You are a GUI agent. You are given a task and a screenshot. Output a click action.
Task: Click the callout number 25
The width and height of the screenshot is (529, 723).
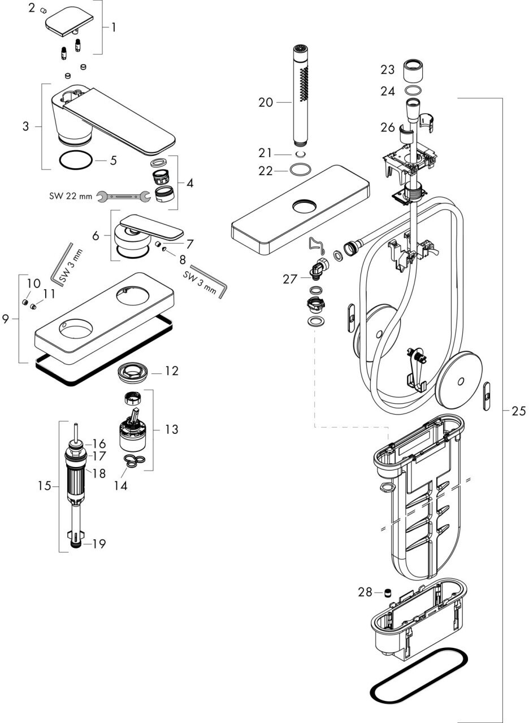[518, 411]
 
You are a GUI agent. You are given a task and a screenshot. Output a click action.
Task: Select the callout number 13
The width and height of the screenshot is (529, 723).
[171, 430]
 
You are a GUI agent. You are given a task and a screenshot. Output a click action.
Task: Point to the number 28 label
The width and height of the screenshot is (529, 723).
[365, 592]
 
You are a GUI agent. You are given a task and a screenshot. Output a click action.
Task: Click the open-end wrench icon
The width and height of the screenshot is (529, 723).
[123, 196]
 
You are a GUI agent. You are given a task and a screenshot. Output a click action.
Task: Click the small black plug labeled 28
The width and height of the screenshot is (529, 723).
[388, 593]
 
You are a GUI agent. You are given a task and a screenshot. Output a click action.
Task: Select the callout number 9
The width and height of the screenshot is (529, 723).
[6, 319]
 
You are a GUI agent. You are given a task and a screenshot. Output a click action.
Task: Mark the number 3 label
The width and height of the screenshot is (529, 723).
[26, 125]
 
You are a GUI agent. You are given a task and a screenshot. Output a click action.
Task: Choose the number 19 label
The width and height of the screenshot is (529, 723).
[99, 544]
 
